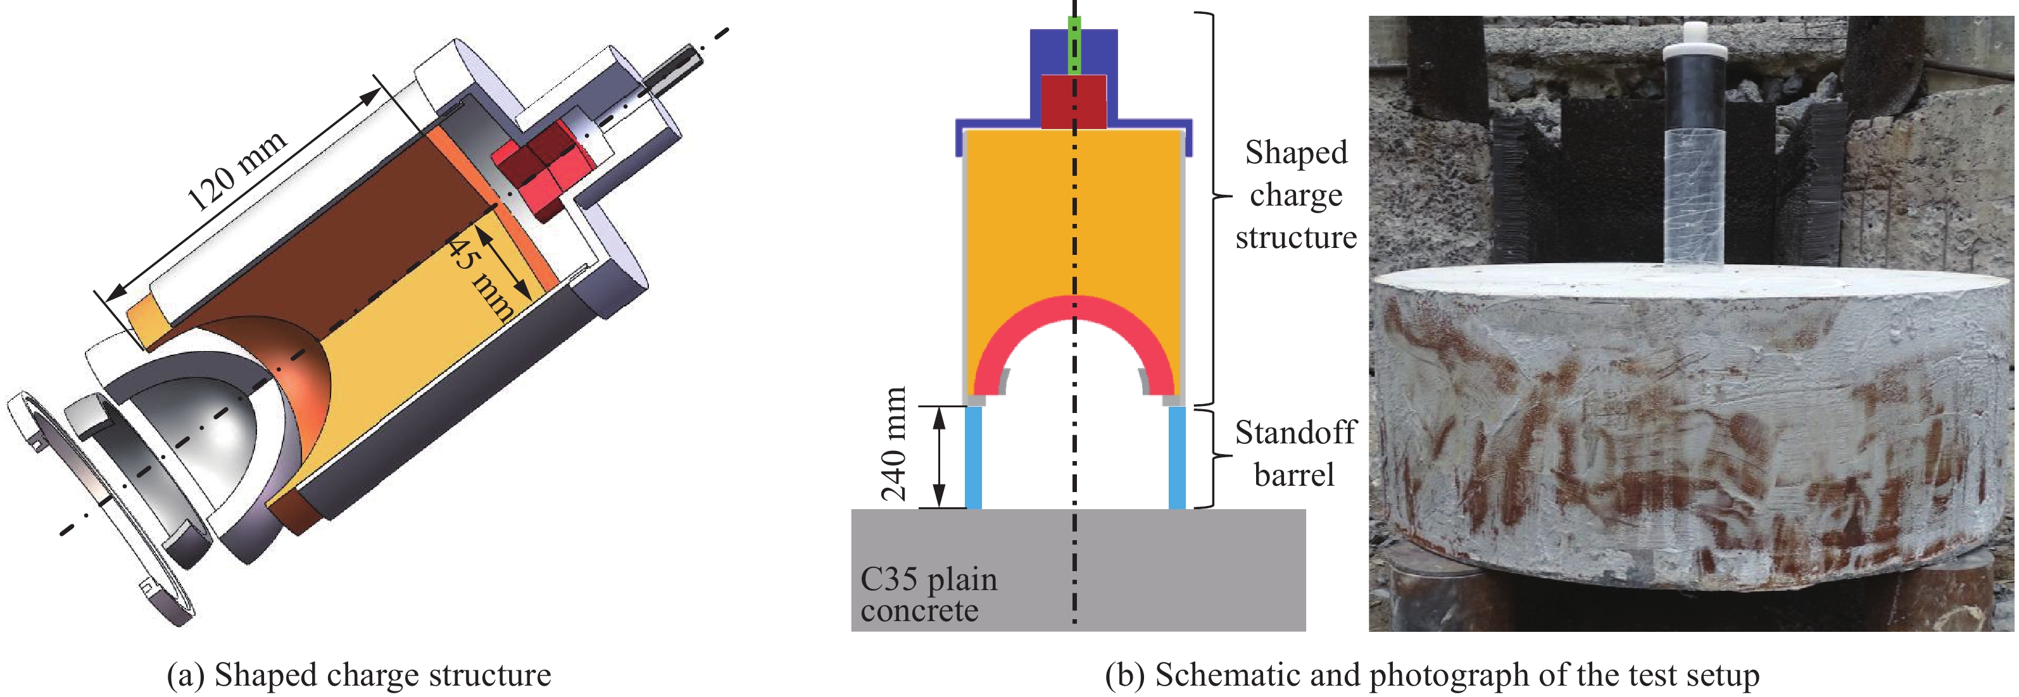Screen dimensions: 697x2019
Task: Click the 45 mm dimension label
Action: (480, 279)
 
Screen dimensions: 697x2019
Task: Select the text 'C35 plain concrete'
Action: (928, 595)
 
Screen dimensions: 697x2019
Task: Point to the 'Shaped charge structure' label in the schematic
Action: (1295, 195)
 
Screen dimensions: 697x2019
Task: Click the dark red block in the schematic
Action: (1073, 102)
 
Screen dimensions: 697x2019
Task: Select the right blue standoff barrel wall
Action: (1176, 457)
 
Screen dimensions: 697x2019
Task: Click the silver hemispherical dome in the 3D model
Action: (204, 415)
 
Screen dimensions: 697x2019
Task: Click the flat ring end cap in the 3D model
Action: (102, 509)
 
